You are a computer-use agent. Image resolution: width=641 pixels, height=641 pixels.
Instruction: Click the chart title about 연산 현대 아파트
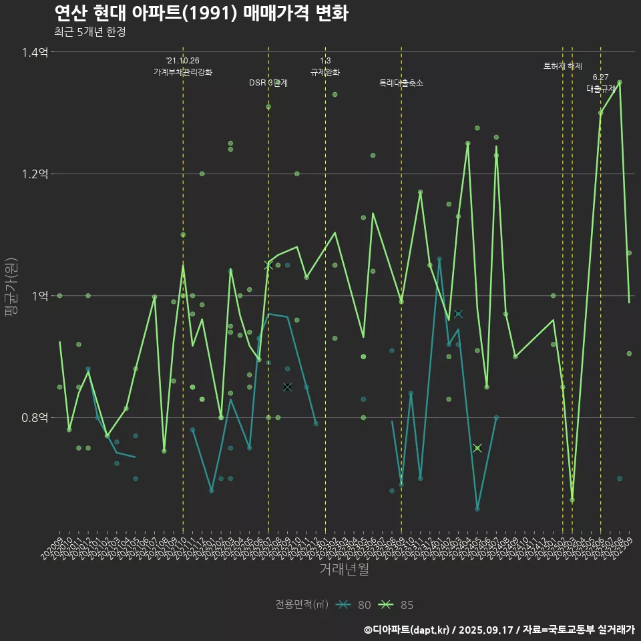click(200, 13)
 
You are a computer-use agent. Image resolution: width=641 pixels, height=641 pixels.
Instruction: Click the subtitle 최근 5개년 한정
click(90, 32)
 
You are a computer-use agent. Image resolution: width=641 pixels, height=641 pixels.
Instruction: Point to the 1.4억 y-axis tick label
click(35, 52)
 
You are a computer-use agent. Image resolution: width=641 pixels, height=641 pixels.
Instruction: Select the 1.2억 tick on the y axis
click(35, 174)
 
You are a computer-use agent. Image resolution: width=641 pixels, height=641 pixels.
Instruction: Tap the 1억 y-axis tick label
click(39, 296)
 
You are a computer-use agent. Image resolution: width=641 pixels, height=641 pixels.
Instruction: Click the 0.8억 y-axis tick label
click(35, 418)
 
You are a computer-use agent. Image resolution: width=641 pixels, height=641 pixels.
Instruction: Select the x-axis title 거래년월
click(344, 570)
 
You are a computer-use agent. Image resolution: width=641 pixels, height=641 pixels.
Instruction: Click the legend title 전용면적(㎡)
click(302, 605)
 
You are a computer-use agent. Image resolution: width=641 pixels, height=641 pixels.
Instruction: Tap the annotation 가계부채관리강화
click(183, 72)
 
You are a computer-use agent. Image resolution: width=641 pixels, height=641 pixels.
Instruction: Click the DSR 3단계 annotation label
click(268, 83)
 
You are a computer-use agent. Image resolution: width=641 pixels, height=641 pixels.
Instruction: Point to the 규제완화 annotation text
click(325, 72)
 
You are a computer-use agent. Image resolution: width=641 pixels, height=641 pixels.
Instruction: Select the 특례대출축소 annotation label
click(401, 83)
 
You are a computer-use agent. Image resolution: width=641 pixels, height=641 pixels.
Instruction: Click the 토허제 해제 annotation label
click(563, 66)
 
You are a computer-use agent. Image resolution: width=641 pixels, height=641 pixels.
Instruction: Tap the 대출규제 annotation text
click(600, 88)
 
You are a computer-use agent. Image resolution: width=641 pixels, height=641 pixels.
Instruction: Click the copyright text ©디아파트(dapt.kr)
click(408, 630)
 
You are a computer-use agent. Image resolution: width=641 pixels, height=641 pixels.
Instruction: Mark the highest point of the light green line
click(620, 83)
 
